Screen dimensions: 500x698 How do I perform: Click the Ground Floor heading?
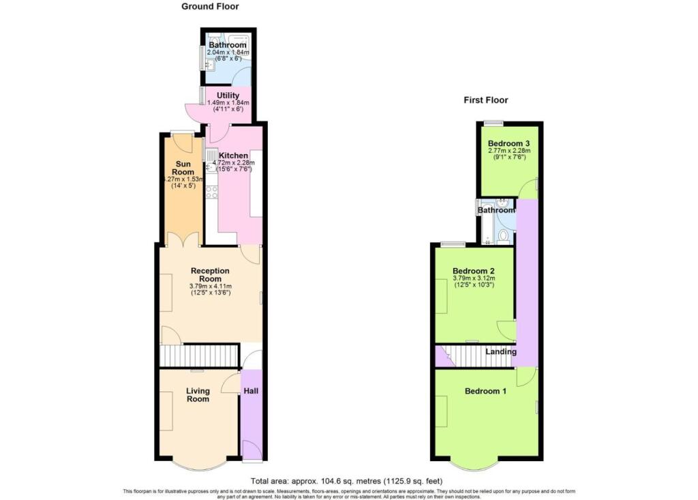(x=209, y=7)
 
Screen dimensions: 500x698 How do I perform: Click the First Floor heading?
(x=485, y=100)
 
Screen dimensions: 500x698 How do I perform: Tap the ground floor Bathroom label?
(x=228, y=45)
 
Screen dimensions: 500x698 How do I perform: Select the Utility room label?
(x=228, y=95)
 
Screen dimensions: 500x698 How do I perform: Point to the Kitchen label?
(x=233, y=156)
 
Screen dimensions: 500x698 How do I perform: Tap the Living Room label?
(x=198, y=395)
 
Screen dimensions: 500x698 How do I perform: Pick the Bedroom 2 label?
(x=474, y=270)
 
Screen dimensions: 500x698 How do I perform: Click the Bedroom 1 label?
(x=485, y=391)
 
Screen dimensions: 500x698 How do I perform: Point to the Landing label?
(x=501, y=352)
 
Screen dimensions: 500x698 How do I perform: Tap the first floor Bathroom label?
(x=496, y=210)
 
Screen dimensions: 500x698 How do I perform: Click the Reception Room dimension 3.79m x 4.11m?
(x=211, y=286)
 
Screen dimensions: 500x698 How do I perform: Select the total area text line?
(x=348, y=480)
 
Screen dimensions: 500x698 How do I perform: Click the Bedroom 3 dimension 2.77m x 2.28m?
(x=509, y=151)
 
